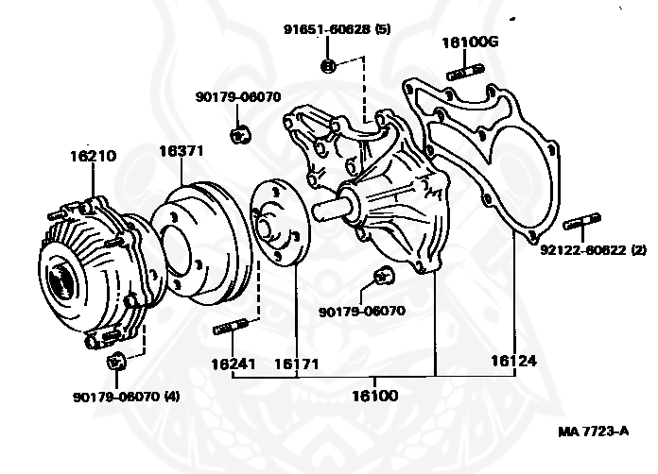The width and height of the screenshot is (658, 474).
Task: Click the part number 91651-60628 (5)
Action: (337, 29)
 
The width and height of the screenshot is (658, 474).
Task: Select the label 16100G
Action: (468, 42)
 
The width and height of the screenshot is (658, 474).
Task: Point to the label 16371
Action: (182, 151)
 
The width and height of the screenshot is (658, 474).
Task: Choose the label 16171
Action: (295, 363)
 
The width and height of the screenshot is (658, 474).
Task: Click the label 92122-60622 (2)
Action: (593, 250)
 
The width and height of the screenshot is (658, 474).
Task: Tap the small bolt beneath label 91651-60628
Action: (327, 65)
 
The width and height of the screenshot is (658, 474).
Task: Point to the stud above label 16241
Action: (233, 328)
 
